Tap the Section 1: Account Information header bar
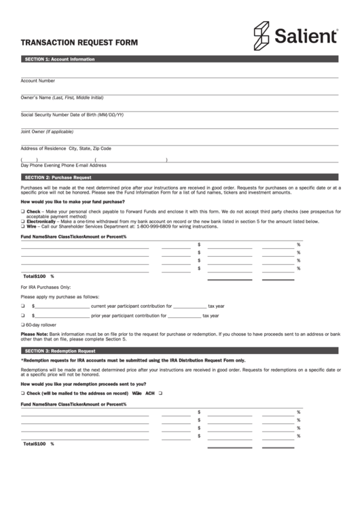click(x=179, y=59)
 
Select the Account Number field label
click(x=38, y=80)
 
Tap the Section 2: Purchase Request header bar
click(x=179, y=177)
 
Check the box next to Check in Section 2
click(x=22, y=212)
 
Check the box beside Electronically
click(x=22, y=222)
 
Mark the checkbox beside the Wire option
click(x=22, y=226)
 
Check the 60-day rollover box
click(x=22, y=325)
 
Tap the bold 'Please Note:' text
click(x=35, y=334)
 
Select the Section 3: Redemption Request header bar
click(x=179, y=350)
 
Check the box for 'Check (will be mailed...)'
click(x=22, y=393)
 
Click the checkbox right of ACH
click(x=160, y=393)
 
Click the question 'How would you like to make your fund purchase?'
click(x=73, y=202)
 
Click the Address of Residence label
click(x=43, y=148)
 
